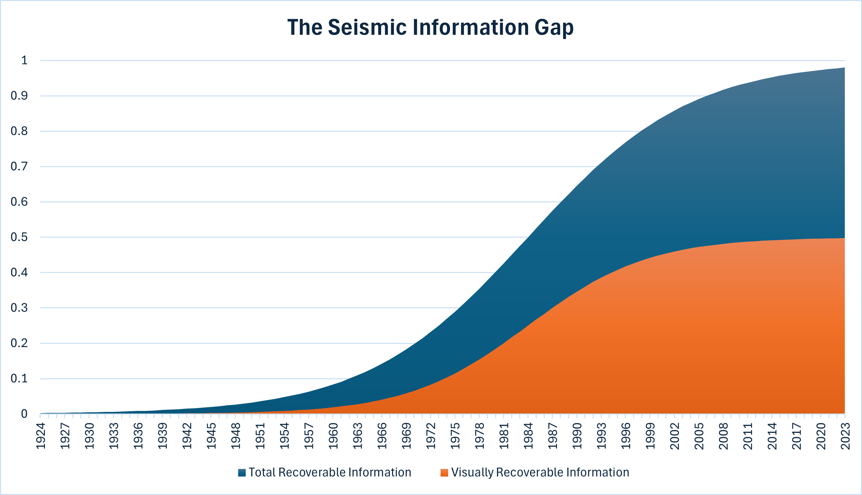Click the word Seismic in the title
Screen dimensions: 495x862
tap(367, 27)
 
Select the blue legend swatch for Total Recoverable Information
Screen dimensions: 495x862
tap(242, 473)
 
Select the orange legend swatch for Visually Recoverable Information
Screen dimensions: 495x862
tap(444, 473)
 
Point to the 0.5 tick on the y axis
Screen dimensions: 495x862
tap(19, 237)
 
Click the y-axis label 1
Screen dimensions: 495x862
tap(24, 60)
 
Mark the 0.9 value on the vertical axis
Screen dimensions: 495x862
tap(19, 96)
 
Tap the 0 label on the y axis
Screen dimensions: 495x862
tap(24, 414)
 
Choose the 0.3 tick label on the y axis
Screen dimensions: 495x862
tap(19, 308)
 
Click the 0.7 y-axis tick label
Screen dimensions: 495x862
tap(19, 167)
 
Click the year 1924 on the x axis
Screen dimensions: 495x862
tap(41, 436)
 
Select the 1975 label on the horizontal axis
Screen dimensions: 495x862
tap(455, 436)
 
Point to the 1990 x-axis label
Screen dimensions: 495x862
tap(577, 436)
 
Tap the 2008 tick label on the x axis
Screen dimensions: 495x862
tap(724, 436)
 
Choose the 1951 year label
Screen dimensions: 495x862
tap(260, 436)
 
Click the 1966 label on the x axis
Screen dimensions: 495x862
tap(382, 436)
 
